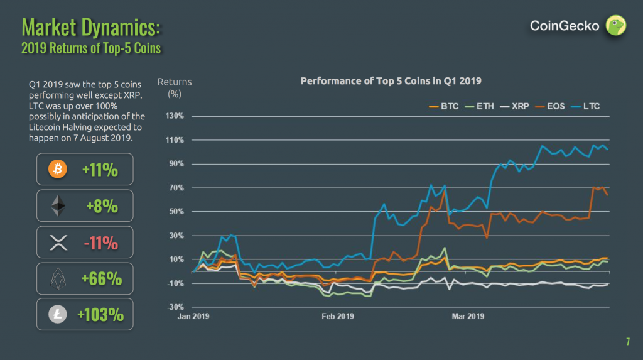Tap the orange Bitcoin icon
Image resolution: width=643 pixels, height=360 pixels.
[x=58, y=169]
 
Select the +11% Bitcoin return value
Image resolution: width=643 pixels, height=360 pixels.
[x=100, y=170]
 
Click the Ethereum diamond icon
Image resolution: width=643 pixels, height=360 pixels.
[x=58, y=205]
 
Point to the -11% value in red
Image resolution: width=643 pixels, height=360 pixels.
[x=100, y=243]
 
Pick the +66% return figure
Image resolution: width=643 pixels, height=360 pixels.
[x=101, y=279]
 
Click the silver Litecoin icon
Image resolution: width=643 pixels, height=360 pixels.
[x=58, y=315]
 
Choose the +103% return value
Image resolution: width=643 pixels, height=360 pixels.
[x=100, y=315]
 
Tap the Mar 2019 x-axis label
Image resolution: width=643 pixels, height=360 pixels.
[x=468, y=316]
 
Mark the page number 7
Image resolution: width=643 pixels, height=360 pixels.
[x=627, y=342]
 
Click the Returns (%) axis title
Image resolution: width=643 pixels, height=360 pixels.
[x=175, y=87]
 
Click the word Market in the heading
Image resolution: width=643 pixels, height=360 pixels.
[x=50, y=27]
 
